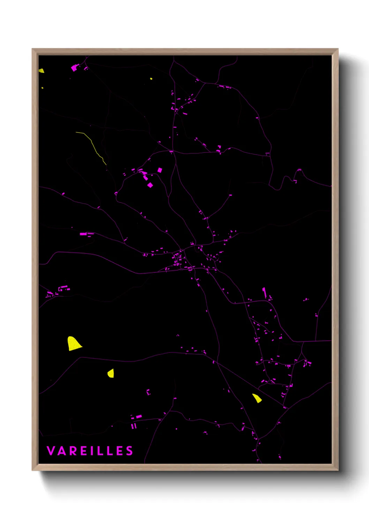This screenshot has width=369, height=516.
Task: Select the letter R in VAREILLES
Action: (72, 451)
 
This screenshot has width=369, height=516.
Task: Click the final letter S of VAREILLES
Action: (129, 451)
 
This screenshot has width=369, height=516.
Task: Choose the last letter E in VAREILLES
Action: (120, 451)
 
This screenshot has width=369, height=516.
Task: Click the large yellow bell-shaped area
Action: (74, 344)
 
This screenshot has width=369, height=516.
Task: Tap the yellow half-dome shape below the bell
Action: (111, 373)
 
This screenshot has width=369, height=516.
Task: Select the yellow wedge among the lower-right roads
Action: (257, 398)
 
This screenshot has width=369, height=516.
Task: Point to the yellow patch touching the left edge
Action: (41, 71)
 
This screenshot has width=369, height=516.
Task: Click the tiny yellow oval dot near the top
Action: (151, 78)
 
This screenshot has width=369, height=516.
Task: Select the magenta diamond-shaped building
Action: (150, 185)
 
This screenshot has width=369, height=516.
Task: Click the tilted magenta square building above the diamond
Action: (160, 170)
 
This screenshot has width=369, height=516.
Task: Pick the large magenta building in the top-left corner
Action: (74, 68)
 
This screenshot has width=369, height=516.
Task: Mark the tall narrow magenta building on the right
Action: (264, 293)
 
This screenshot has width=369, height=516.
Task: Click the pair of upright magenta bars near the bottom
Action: (134, 426)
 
